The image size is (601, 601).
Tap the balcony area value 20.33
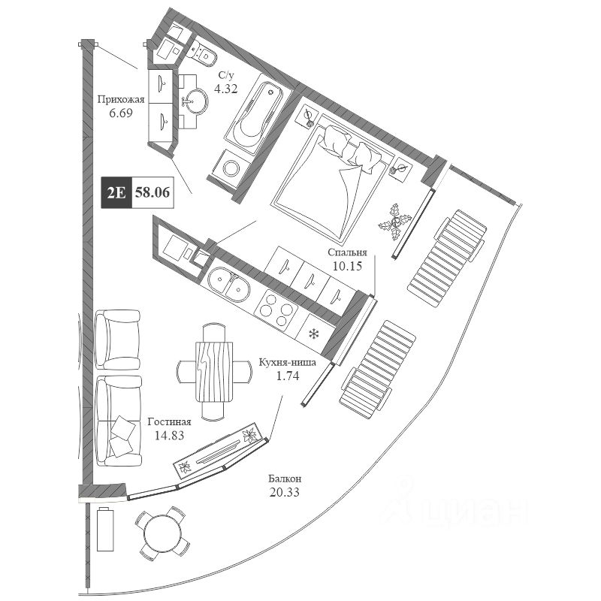[285, 492]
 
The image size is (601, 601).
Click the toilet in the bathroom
[204, 52]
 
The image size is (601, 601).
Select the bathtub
[255, 114]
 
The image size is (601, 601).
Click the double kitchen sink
[229, 284]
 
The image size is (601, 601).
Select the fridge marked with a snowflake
[314, 333]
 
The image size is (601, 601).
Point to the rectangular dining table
[215, 370]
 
